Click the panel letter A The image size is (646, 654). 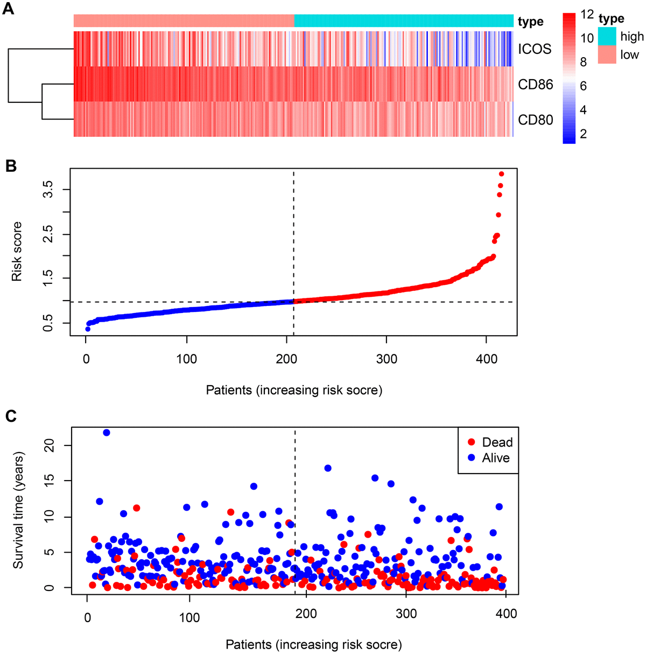click(x=9, y=10)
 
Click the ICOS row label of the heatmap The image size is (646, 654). click(x=535, y=50)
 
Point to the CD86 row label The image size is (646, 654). click(x=535, y=85)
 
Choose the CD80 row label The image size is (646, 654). click(x=535, y=120)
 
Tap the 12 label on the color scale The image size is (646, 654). click(x=587, y=16)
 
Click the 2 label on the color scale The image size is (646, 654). click(x=583, y=134)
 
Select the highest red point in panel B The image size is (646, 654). click(x=501, y=174)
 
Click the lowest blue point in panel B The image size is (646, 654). click(x=88, y=329)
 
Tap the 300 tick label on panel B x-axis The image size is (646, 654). click(x=387, y=359)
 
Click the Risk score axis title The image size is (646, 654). click(x=17, y=252)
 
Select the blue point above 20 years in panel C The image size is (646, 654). click(x=107, y=433)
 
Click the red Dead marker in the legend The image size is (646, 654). click(x=472, y=442)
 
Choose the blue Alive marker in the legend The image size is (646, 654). click(x=472, y=458)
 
